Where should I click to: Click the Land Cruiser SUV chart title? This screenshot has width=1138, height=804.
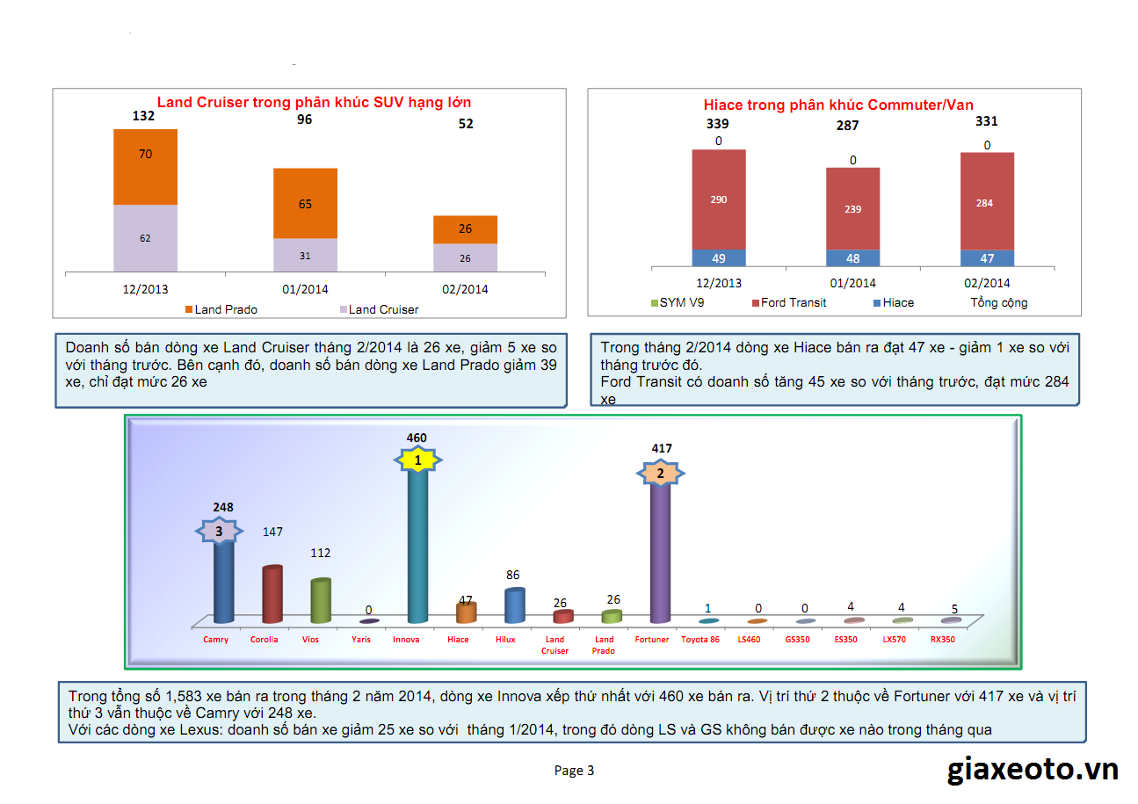click(314, 102)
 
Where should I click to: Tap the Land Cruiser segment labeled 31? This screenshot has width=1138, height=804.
click(305, 255)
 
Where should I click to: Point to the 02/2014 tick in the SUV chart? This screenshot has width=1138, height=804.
click(465, 289)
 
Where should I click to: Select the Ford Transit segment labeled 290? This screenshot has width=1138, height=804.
click(718, 199)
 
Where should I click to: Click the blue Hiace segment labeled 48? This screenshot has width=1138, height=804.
click(852, 258)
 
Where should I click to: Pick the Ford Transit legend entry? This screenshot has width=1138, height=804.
click(788, 303)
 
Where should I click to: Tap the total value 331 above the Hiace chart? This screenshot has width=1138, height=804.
click(987, 122)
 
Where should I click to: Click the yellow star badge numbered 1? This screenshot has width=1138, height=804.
click(418, 460)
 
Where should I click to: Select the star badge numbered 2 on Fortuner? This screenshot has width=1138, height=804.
click(661, 474)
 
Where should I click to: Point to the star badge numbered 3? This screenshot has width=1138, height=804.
click(219, 531)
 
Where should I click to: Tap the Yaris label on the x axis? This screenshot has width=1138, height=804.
click(361, 640)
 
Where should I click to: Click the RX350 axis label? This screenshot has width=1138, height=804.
click(942, 640)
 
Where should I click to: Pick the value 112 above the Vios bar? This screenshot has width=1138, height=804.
click(320, 553)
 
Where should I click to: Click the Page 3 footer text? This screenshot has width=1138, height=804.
click(574, 771)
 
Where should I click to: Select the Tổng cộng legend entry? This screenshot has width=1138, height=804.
click(998, 303)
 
